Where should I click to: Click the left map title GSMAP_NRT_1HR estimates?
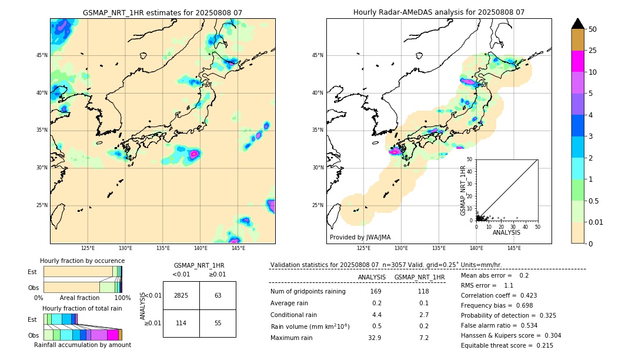162,12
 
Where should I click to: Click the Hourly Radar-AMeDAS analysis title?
439,12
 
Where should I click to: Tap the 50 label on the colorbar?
593,29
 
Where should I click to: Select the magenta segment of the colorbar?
577,61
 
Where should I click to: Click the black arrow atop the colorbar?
577,24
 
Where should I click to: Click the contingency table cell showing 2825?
181,295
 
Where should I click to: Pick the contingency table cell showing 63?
218,295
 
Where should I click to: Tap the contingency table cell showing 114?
181,324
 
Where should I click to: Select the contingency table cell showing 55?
218,324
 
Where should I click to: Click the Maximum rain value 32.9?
375,338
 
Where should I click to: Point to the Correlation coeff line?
499,295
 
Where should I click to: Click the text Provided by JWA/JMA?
360,237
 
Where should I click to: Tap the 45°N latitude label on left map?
42,55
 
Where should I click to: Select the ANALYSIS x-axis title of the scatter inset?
506,232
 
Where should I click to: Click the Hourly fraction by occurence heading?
82,261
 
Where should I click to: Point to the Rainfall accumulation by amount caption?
82,345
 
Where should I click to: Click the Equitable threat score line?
507,345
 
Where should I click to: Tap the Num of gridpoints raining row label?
308,291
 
